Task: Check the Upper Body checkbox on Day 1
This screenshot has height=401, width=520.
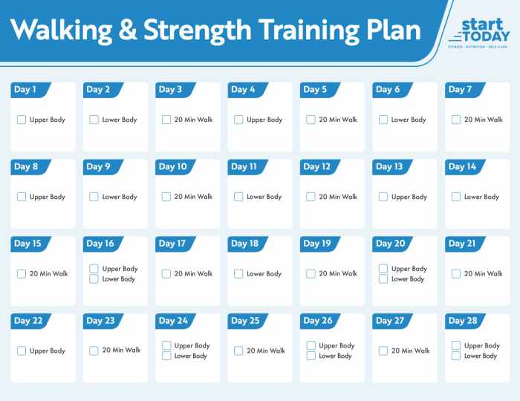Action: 22,120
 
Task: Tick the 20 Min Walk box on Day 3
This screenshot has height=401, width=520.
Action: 166,120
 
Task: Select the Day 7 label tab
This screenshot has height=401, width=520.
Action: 461,90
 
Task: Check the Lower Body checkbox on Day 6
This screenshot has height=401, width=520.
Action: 383,120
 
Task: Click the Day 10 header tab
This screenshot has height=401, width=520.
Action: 172,167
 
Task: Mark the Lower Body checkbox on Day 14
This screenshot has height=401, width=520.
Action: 456,197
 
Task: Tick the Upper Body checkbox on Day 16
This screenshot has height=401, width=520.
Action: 94,269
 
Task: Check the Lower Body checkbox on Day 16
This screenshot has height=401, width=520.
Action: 94,279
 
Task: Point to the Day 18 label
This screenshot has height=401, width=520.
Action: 244,244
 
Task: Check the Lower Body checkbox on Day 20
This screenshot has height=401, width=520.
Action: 383,279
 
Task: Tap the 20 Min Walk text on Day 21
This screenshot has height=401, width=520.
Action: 483,274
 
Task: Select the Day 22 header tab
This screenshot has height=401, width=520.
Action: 28,321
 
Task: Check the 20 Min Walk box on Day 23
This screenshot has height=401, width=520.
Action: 94,351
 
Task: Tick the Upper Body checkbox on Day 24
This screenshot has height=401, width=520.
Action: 166,345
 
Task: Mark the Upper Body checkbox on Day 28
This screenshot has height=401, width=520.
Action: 456,345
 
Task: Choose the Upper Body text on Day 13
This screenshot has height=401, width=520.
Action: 409,198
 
